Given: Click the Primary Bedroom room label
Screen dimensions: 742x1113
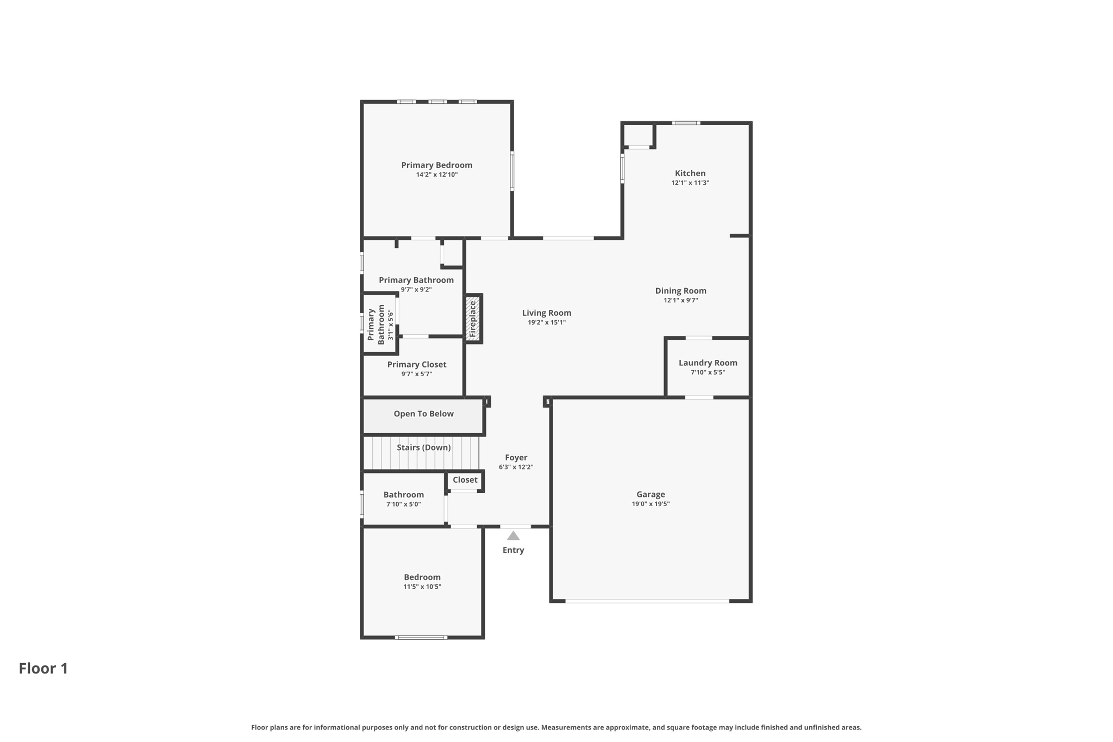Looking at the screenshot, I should point(436,165).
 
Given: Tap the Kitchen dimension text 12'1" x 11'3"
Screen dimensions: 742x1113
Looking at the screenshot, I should point(690,183).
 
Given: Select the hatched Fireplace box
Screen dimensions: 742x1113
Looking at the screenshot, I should point(473,319).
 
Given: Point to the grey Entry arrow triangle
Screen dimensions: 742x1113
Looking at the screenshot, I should point(513,537).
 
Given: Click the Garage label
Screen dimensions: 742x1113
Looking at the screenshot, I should point(651,494).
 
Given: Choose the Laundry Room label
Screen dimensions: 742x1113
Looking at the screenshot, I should point(708,363).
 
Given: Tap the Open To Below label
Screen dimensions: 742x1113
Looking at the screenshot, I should point(423,414).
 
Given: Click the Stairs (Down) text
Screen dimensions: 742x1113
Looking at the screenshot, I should point(423,447).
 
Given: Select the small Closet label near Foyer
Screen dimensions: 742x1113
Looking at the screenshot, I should point(465,479).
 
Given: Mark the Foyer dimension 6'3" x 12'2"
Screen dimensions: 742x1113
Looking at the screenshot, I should point(516,467).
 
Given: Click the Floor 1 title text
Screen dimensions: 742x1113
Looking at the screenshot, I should point(43,668).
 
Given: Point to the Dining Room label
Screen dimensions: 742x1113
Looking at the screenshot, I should point(680,291).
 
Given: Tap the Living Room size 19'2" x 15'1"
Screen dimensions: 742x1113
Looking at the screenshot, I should point(546,322).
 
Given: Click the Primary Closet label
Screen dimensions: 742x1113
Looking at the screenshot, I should point(416,365).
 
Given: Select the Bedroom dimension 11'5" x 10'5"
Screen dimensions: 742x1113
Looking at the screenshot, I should point(422,587).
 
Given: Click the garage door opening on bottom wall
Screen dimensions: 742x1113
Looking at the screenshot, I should point(647,601).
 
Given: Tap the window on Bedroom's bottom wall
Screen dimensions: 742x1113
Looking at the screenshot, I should point(421,637).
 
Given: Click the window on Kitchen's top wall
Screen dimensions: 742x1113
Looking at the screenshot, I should point(686,123).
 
